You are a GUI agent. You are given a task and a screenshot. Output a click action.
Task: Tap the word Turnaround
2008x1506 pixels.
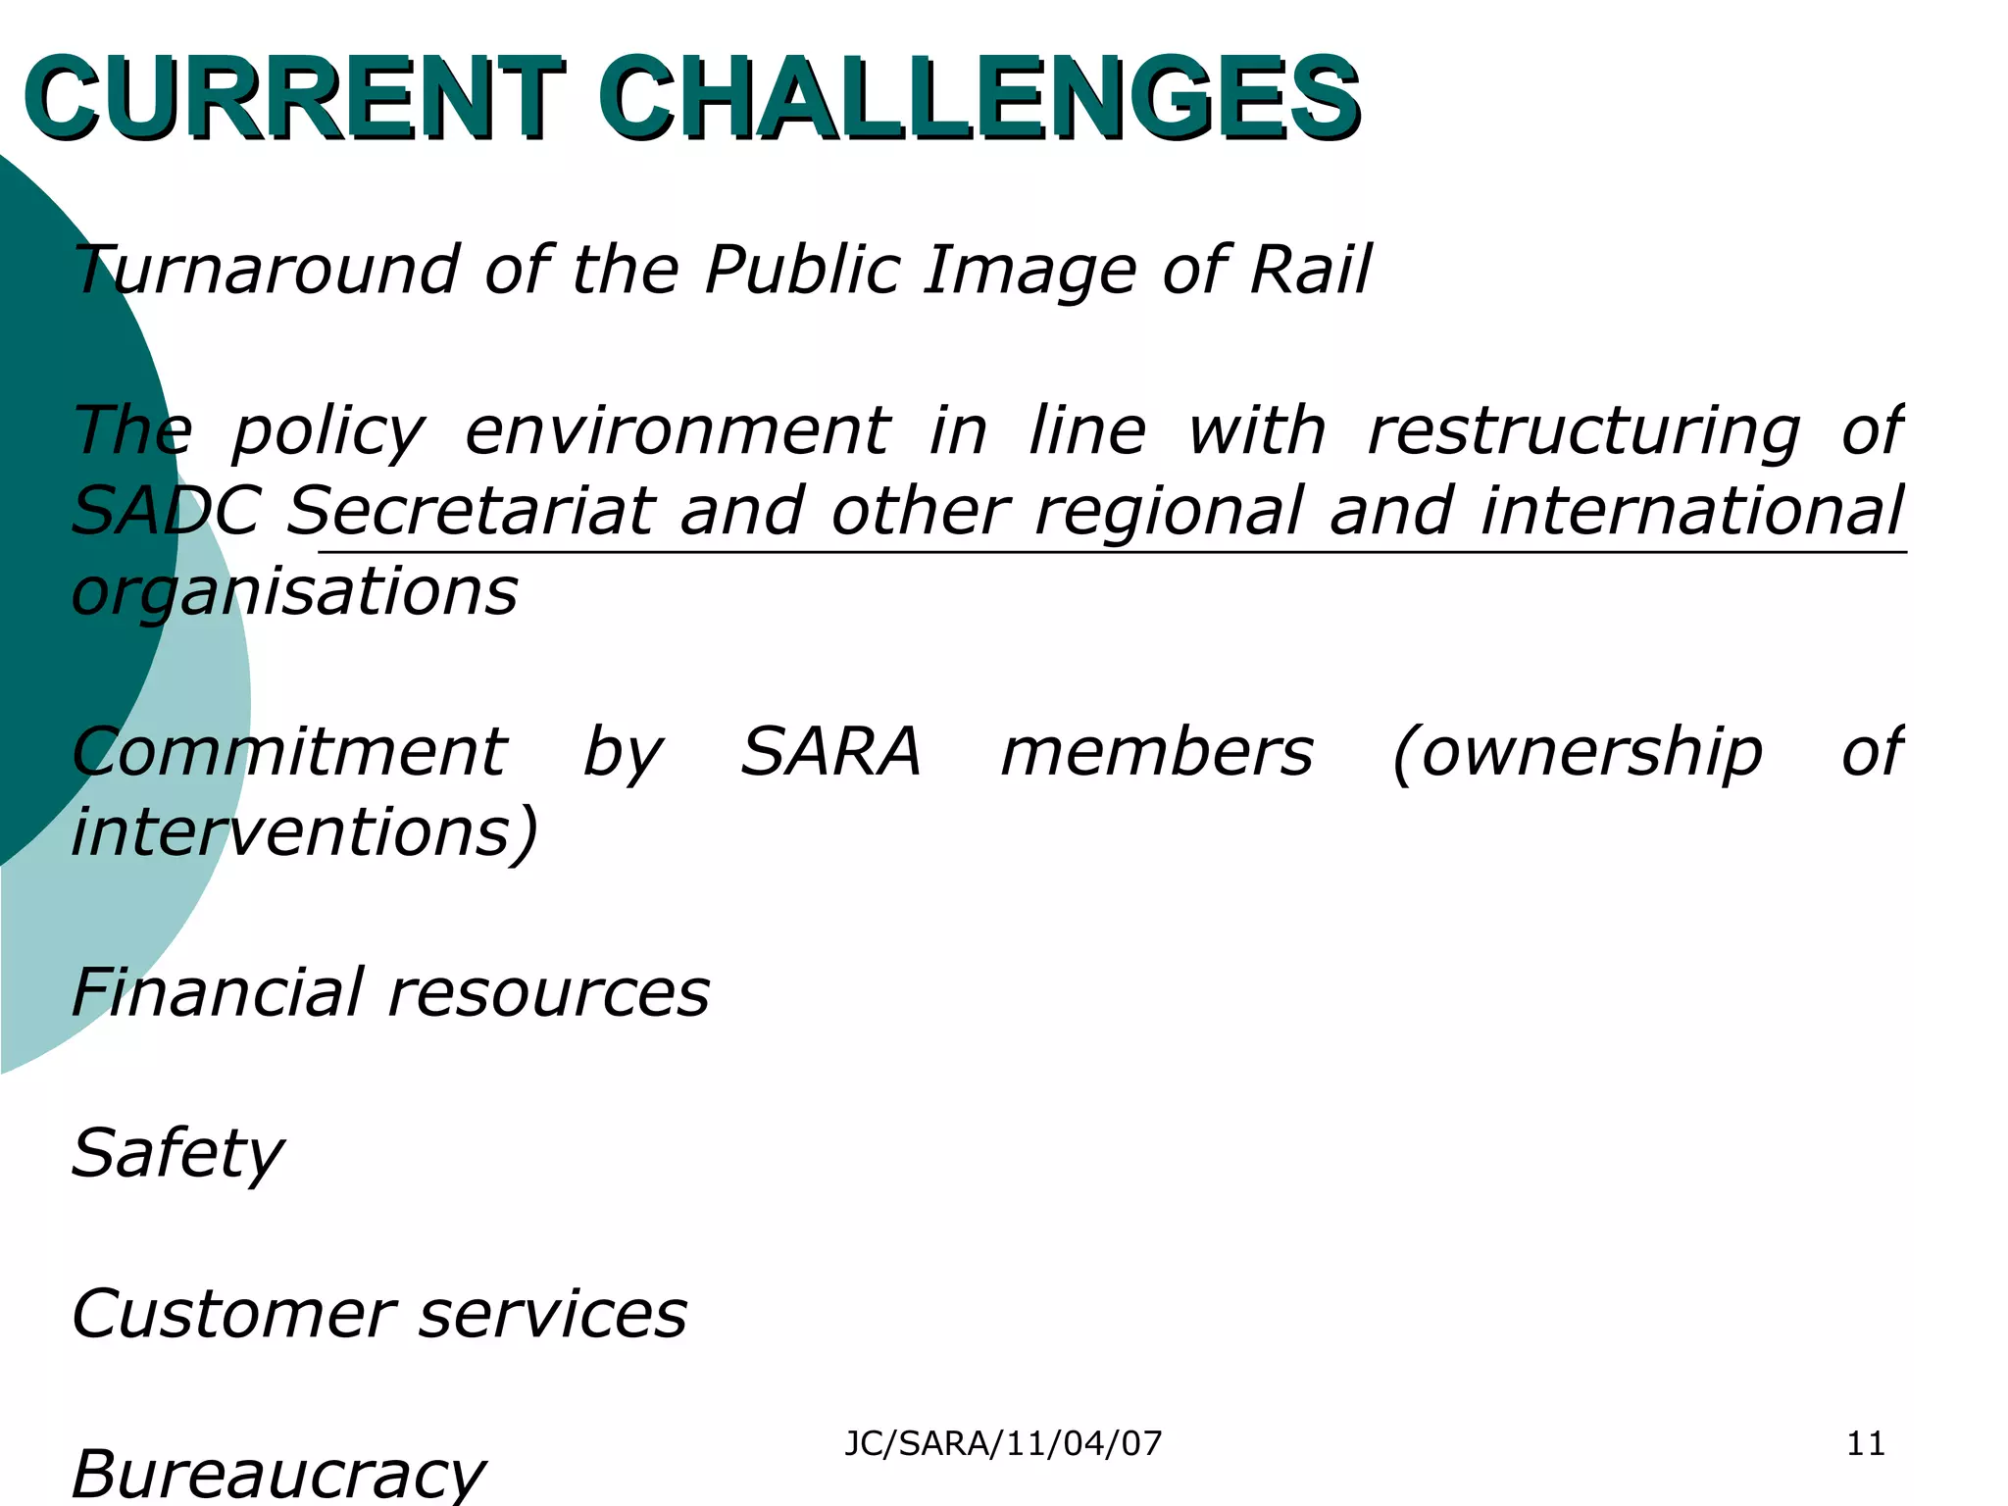265,270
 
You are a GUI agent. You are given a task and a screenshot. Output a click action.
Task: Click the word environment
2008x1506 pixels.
677,431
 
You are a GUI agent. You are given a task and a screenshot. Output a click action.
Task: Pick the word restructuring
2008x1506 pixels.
1583,433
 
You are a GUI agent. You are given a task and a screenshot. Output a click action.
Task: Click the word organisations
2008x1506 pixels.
294,593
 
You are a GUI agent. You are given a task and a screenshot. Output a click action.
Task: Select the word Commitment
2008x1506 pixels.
289,752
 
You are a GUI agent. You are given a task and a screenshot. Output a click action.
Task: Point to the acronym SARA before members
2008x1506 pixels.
830,752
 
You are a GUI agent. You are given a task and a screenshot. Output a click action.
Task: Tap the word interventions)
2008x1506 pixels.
305,833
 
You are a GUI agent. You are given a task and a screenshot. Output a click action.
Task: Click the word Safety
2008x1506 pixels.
177,1154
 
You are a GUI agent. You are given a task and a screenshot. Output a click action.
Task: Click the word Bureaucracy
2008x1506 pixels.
277,1475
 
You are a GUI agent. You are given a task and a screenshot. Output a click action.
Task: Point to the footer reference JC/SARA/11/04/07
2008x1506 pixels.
1003,1443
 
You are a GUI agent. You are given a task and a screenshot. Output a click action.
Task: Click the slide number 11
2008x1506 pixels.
1865,1443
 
